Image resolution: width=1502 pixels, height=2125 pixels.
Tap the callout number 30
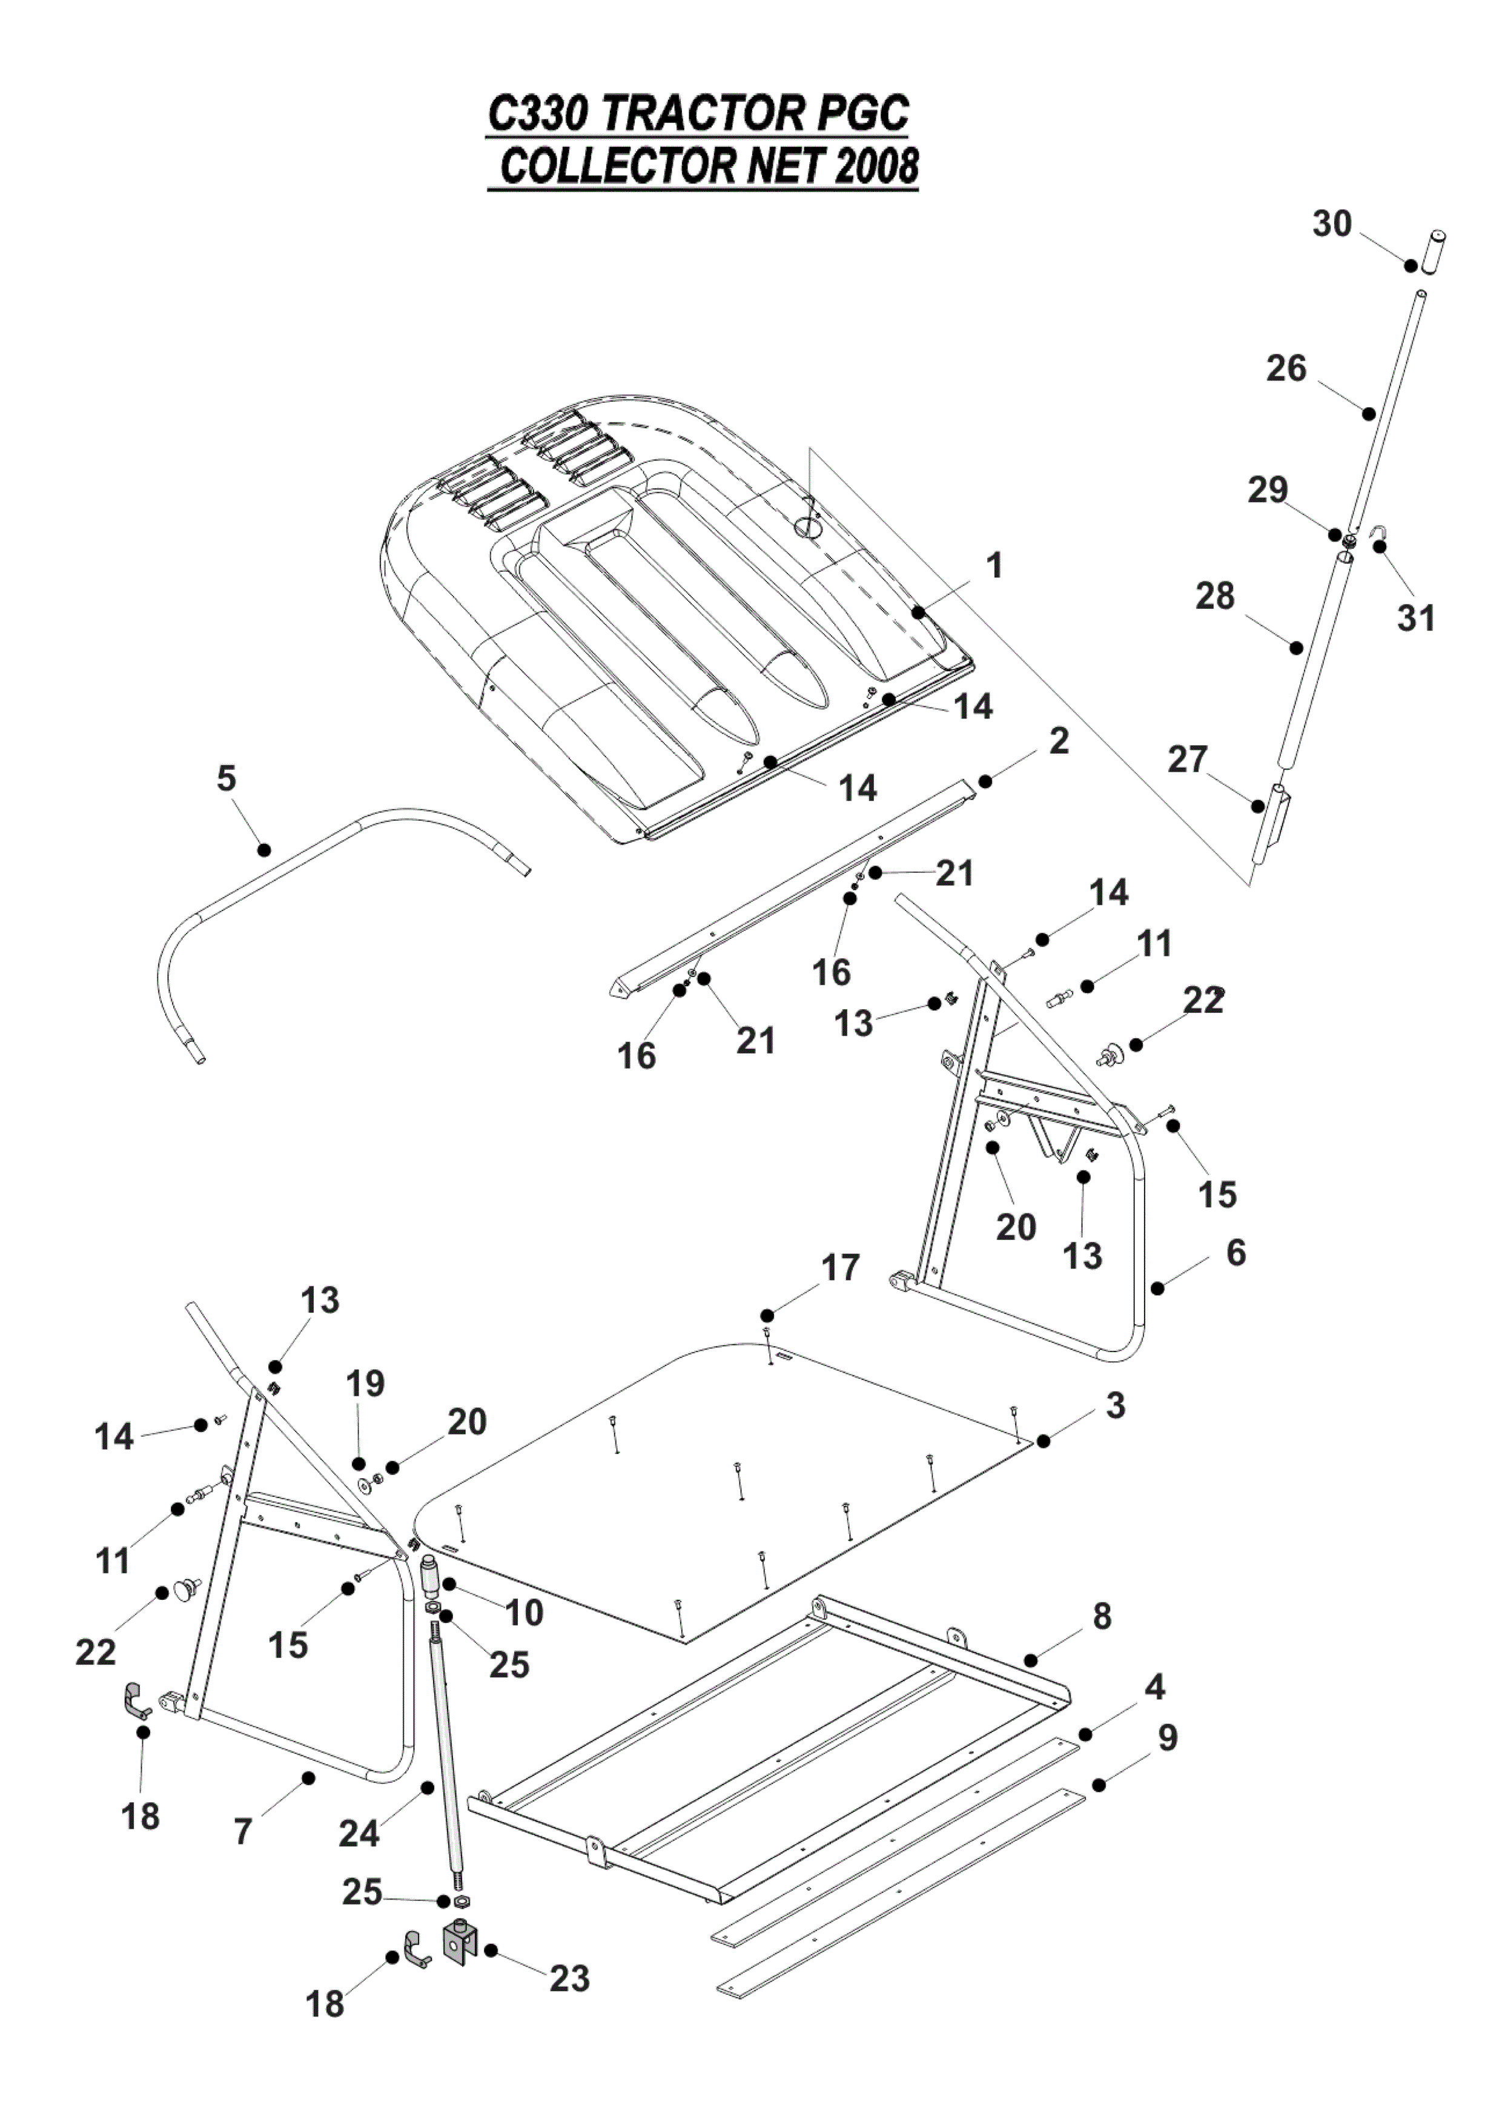pos(1332,224)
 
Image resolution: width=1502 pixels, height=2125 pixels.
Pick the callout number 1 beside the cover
pos(995,565)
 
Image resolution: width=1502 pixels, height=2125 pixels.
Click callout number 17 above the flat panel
pos(840,1268)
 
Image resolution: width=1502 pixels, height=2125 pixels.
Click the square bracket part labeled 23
pos(460,1941)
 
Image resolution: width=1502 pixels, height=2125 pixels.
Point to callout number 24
pos(359,1832)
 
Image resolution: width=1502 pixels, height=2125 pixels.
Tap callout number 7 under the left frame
pos(242,1832)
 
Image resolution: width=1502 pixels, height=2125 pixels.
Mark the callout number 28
pos(1215,597)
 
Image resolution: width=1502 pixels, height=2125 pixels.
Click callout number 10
pos(524,1613)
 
